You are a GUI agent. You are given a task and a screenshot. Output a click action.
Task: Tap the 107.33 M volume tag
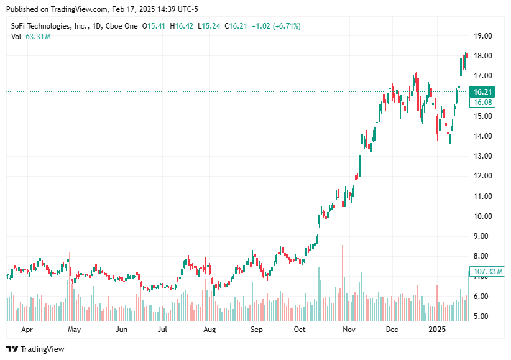tap(488, 272)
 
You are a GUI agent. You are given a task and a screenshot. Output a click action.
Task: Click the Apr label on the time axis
tap(27, 329)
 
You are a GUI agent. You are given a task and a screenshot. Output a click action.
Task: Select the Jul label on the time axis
tap(163, 329)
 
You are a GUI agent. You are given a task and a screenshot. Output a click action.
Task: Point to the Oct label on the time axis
tap(300, 329)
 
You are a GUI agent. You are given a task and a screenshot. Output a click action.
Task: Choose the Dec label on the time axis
tap(392, 329)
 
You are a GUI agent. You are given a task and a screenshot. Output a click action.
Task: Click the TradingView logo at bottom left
tap(35, 349)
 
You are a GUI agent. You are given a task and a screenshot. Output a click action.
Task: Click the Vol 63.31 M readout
tap(31, 37)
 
